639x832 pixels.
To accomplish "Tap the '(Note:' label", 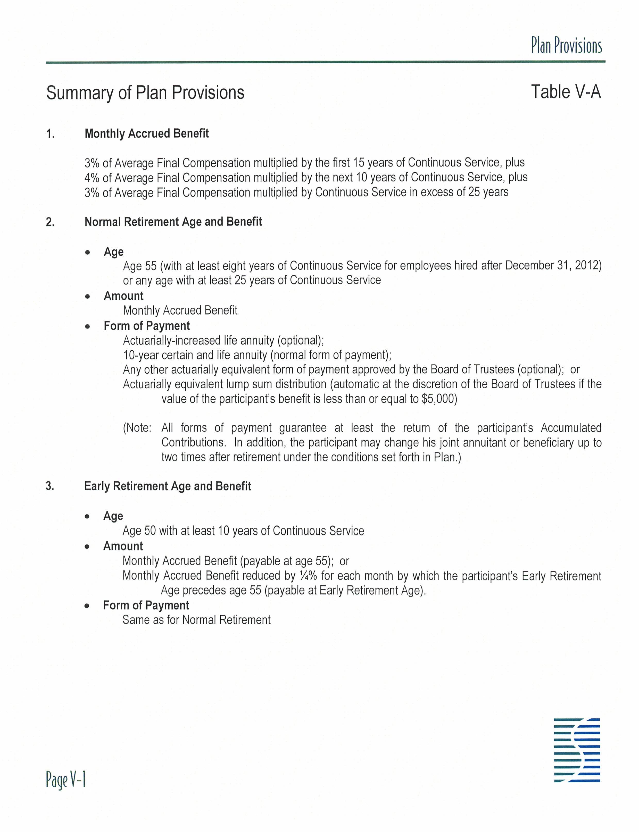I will click(x=137, y=428).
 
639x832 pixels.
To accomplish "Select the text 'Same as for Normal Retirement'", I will click(x=196, y=620).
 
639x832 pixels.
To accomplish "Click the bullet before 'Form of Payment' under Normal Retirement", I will click(x=88, y=326).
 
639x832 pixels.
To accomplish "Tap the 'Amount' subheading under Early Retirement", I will click(x=123, y=547).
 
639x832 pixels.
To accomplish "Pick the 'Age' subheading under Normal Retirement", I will click(x=113, y=252).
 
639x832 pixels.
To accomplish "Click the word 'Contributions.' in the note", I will click(x=194, y=443).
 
